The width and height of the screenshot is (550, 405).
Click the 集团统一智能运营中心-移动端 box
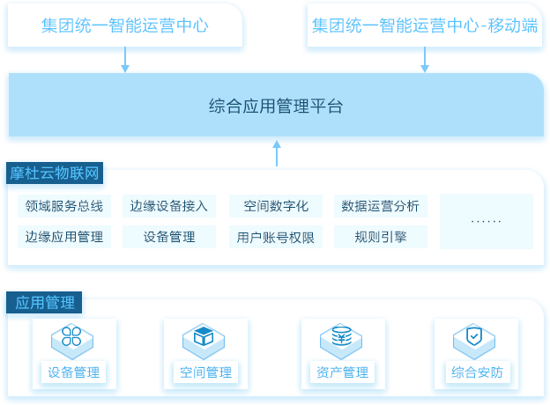tap(425, 26)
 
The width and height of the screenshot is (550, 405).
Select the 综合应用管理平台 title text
tap(276, 106)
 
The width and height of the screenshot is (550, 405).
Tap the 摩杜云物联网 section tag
tap(55, 173)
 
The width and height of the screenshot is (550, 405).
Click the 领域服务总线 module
tap(64, 206)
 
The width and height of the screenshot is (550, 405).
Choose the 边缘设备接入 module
tap(169, 206)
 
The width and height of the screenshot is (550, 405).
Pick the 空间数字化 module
tap(276, 206)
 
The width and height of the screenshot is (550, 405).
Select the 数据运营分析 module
tap(381, 206)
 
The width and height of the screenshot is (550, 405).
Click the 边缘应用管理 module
tap(64, 237)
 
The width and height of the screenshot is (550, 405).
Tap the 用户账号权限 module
tap(276, 237)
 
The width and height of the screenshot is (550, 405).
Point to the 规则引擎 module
tap(381, 237)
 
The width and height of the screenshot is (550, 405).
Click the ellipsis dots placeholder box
tap(487, 221)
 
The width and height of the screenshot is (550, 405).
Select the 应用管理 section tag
tap(44, 302)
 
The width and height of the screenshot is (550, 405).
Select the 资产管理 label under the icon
tap(342, 372)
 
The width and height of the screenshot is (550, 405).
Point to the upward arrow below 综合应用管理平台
tap(277, 153)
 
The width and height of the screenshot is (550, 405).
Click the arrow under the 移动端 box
tap(425, 60)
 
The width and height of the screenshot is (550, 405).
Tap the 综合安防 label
tap(478, 372)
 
